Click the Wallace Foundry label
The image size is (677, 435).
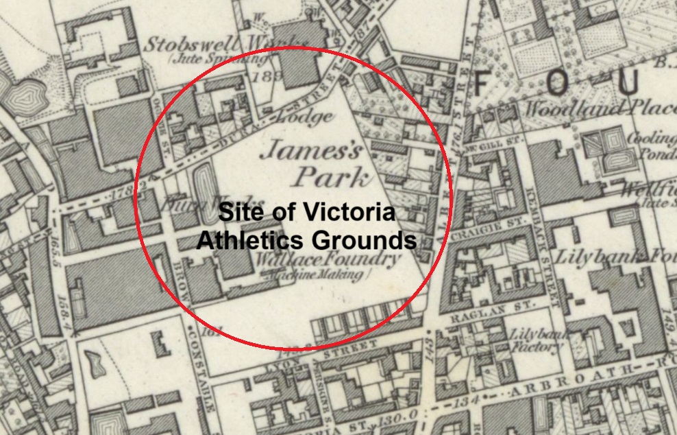(x=327, y=260)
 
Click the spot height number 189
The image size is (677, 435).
(x=262, y=76)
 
